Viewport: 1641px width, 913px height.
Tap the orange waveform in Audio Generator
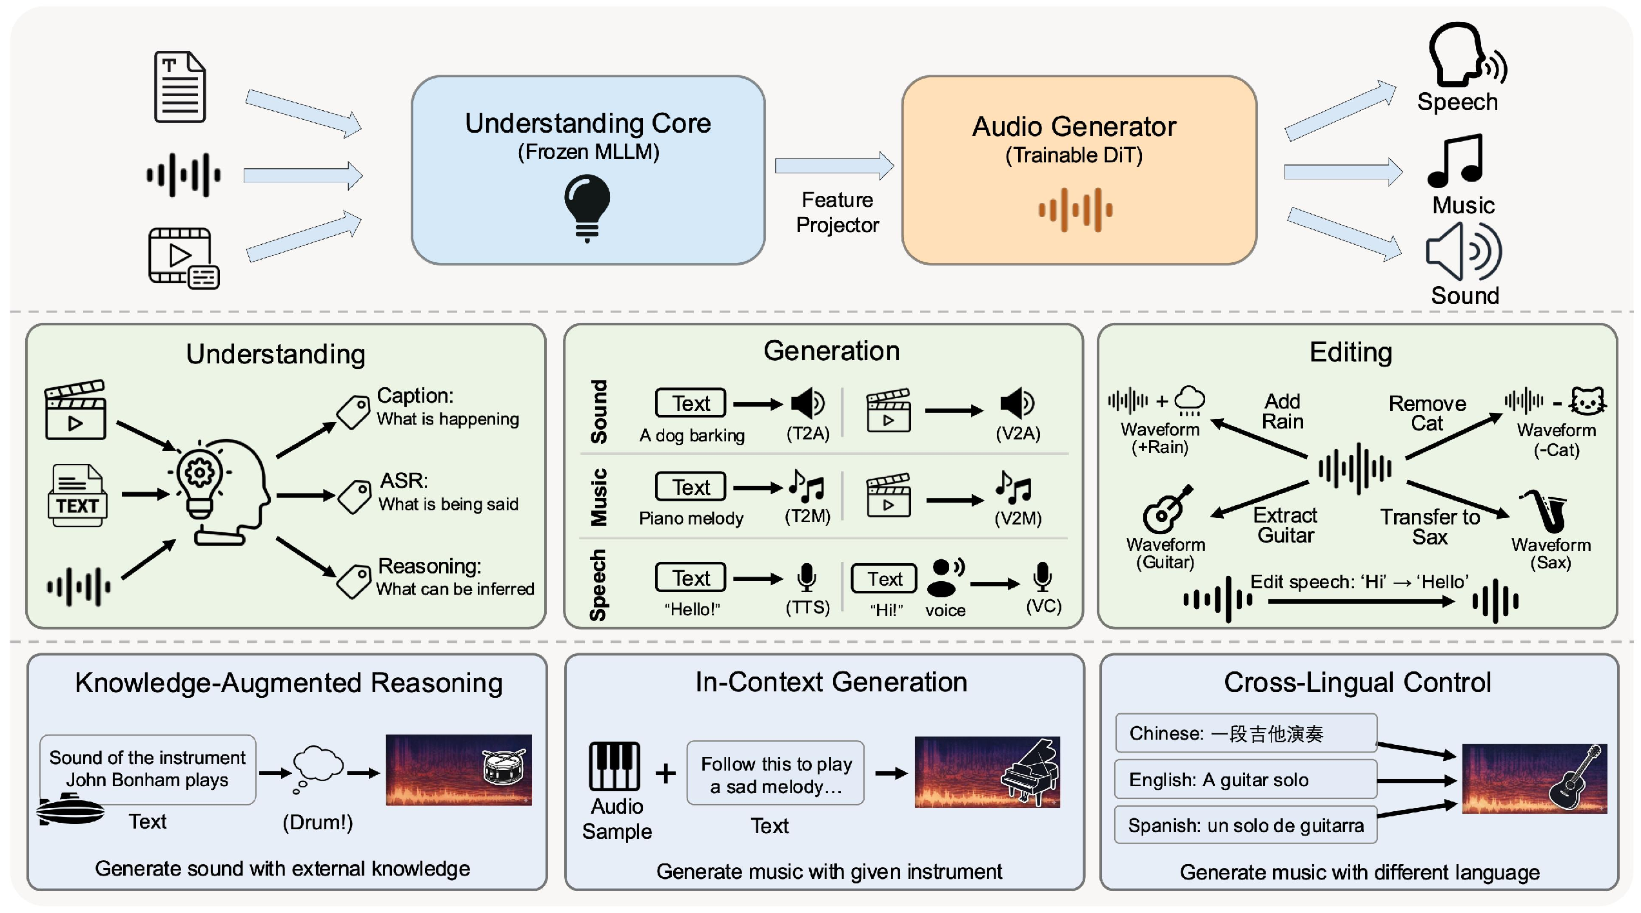pos(1075,209)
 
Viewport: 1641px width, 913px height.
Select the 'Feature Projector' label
pos(837,212)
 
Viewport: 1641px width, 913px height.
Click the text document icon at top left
pos(180,87)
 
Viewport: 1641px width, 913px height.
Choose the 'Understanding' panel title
pos(275,354)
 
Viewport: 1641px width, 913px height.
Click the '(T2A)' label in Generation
pos(807,434)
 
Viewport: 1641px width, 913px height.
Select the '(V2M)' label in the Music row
pos(1017,518)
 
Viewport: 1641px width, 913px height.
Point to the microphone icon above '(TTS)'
pos(806,577)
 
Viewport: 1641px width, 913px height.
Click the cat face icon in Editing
pos(1587,402)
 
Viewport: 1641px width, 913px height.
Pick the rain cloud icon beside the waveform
pos(1190,400)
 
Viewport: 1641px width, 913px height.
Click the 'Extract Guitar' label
pos(1285,525)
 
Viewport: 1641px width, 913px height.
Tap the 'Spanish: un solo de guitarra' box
pos(1246,825)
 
